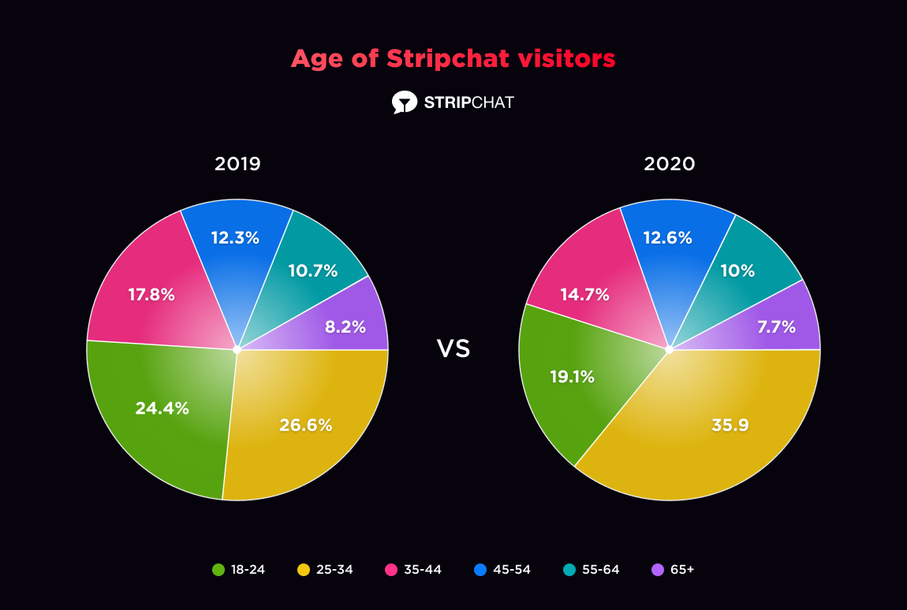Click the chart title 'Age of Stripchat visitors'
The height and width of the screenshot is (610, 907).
point(453,59)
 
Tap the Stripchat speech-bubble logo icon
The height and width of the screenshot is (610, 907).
point(404,102)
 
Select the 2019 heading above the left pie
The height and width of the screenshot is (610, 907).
point(237,164)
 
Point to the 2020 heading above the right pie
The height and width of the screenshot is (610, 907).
point(669,164)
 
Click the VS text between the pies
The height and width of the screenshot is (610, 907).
point(453,349)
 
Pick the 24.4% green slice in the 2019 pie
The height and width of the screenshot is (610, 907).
point(162,408)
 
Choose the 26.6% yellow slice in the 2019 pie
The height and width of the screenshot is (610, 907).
point(305,426)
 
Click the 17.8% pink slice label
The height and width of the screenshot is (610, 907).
point(151,295)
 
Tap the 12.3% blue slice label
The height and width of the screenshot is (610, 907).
point(235,237)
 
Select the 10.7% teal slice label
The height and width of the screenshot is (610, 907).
point(312,271)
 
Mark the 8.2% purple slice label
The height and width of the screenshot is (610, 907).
point(345,326)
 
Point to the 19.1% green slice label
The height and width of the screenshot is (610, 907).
point(572,377)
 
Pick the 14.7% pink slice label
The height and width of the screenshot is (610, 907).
point(585,295)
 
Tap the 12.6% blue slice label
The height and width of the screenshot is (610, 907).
point(667,237)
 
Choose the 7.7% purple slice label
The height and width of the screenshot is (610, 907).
point(777,326)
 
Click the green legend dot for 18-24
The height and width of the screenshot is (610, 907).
point(218,569)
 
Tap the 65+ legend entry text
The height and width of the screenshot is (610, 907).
point(682,569)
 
